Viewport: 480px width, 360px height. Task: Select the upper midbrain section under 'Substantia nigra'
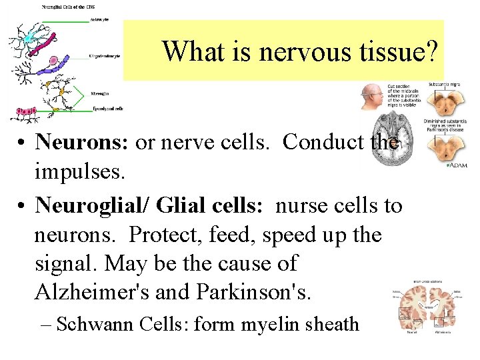tap(442, 103)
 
